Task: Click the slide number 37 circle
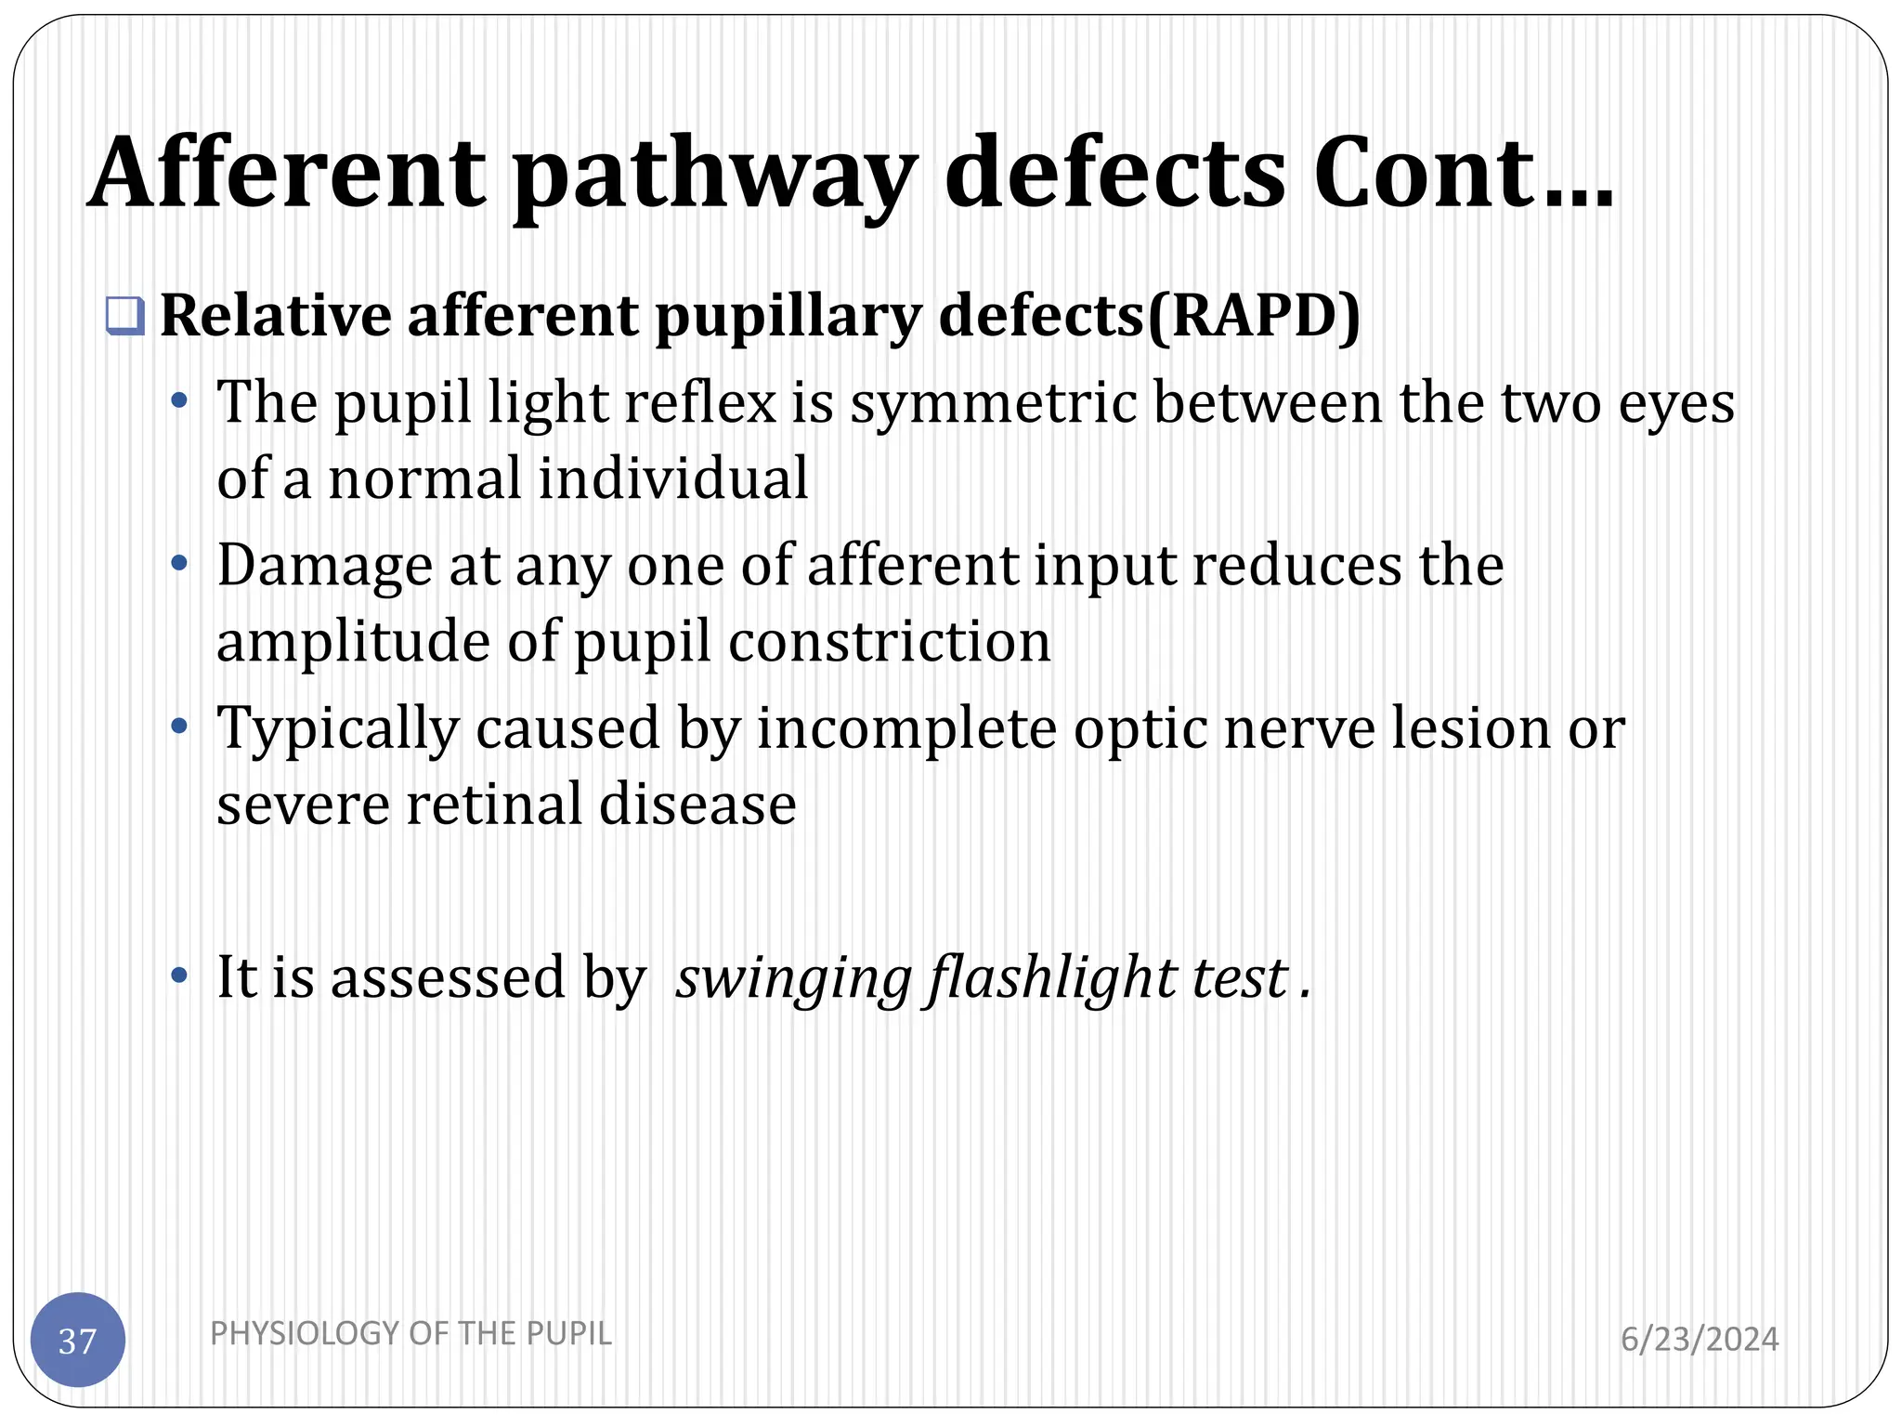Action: click(x=78, y=1340)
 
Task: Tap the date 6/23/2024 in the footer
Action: click(x=1700, y=1339)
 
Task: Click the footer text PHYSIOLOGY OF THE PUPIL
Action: click(x=410, y=1333)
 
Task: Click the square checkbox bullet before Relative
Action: click(x=124, y=317)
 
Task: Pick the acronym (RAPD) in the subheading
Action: click(x=1254, y=317)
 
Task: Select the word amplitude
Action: click(x=353, y=642)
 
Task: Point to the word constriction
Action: click(x=889, y=642)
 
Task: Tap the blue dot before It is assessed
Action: click(x=180, y=976)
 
